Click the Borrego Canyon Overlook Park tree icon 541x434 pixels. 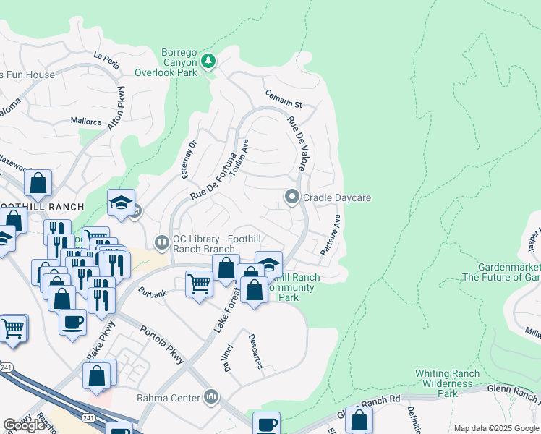208,61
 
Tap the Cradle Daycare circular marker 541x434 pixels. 291,197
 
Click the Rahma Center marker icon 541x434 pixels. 211,396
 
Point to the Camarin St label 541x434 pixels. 282,100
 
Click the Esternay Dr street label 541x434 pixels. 189,160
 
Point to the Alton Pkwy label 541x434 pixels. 116,110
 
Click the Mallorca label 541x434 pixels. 86,122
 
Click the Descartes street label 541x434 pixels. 255,351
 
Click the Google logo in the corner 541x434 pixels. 24,425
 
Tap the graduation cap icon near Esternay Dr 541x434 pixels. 122,203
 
